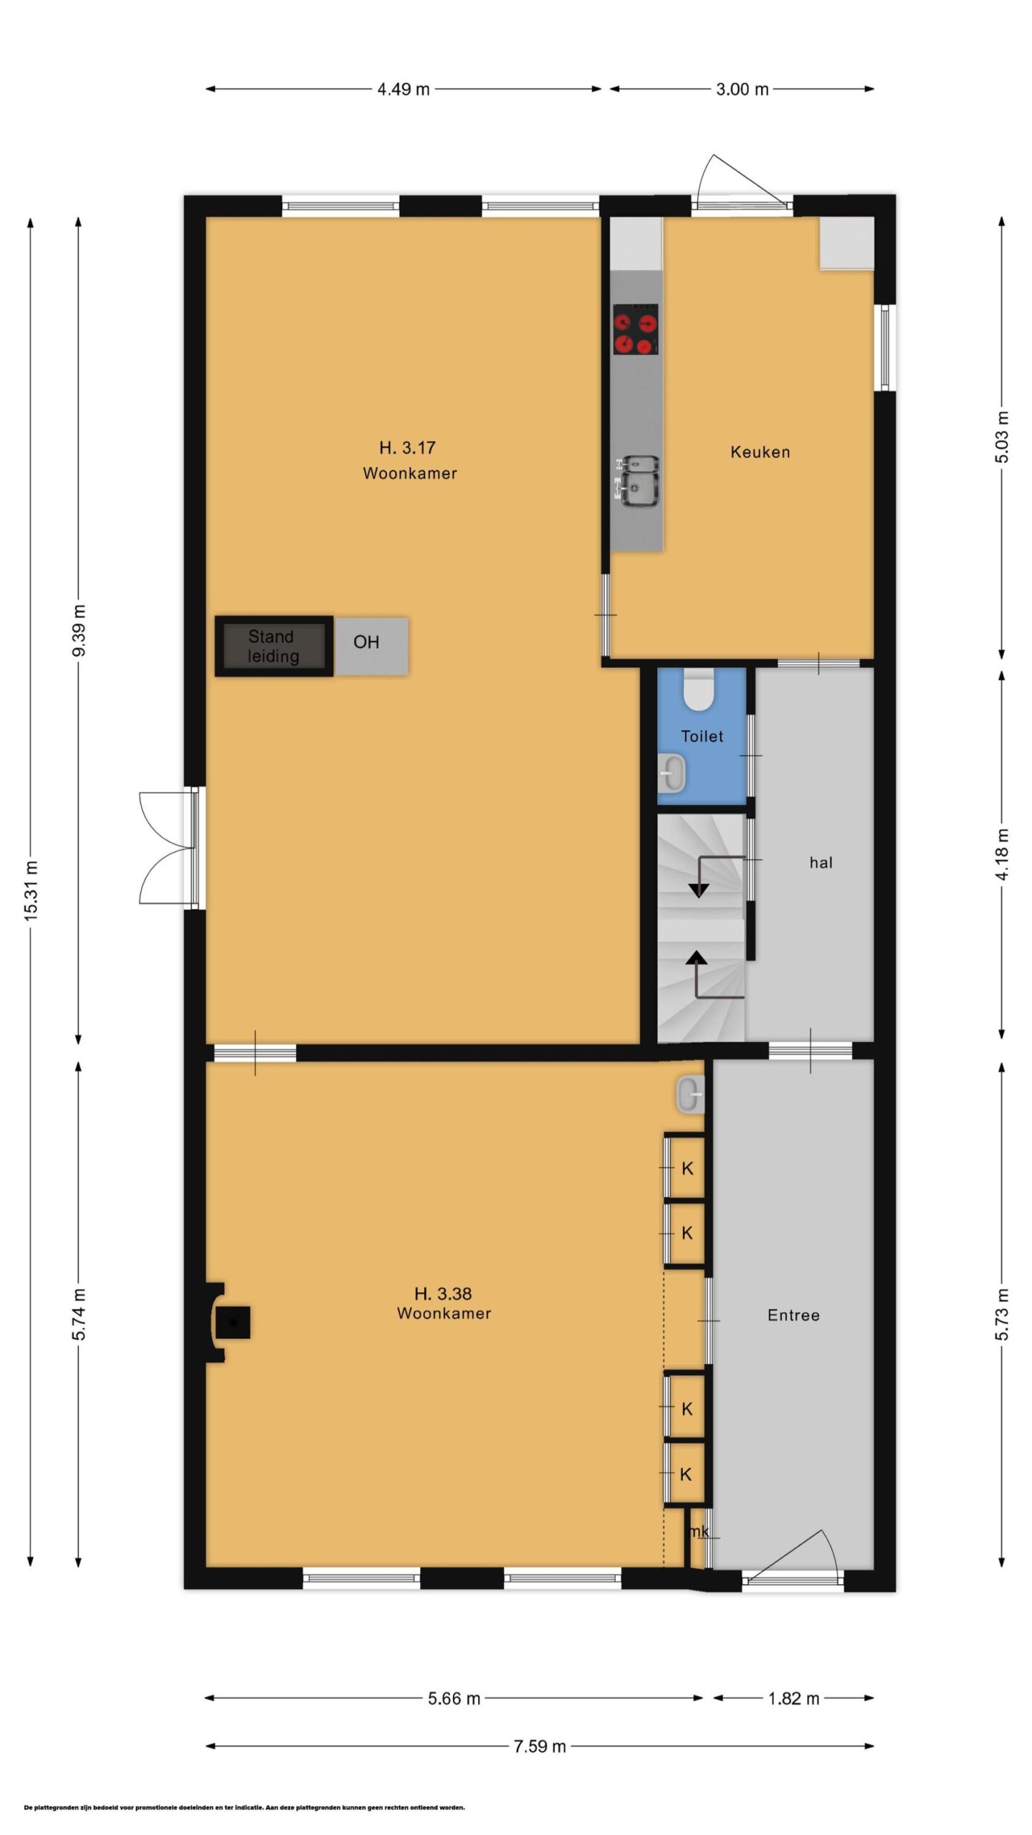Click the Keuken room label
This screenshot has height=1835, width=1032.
(760, 452)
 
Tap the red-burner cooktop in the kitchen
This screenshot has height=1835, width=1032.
(635, 329)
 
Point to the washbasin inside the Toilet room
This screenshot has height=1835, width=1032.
(672, 773)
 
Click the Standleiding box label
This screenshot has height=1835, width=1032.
(272, 647)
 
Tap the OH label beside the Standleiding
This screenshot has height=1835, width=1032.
(366, 642)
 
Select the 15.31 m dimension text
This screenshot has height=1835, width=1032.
(31, 891)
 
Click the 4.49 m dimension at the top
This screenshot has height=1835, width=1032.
(403, 90)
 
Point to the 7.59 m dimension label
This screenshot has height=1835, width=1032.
(540, 1746)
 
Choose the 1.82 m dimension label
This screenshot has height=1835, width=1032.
(793, 1698)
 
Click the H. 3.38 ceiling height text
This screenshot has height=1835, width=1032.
(443, 1294)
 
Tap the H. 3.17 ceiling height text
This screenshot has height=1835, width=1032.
(407, 448)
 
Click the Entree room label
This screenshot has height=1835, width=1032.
(793, 1315)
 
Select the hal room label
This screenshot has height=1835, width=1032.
(821, 862)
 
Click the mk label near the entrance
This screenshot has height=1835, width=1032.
(699, 1532)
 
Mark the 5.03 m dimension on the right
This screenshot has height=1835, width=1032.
(1002, 437)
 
